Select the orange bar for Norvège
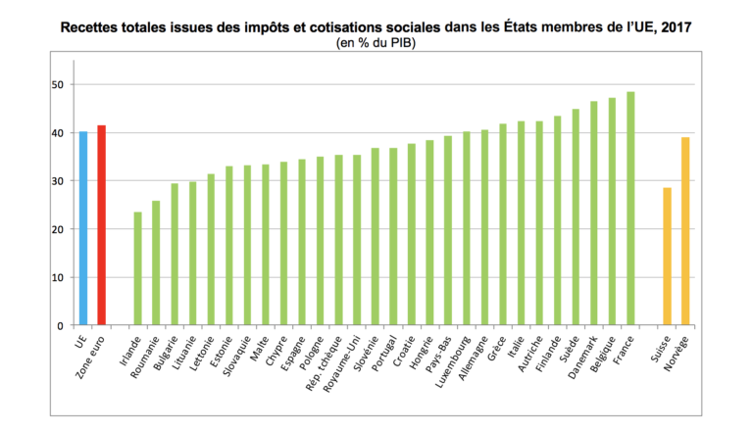[685, 231]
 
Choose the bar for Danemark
[594, 213]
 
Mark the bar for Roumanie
[156, 263]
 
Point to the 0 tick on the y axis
[60, 325]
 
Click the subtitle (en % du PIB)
[376, 44]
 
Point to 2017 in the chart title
[673, 27]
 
